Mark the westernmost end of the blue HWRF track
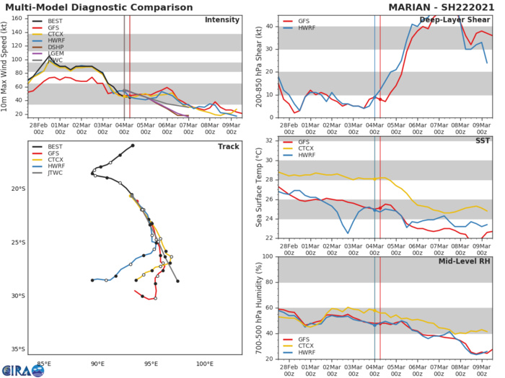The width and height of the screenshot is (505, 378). pyautogui.click(x=92, y=280)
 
